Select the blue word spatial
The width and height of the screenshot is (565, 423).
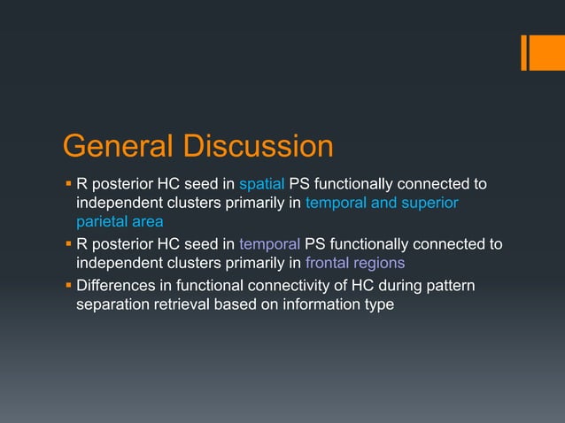coord(261,184)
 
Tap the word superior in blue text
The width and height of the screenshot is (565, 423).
coord(428,204)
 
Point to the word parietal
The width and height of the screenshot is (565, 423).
coord(101,222)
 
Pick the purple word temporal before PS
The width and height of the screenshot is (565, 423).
coord(269,243)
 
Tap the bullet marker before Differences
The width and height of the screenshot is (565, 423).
coord(67,285)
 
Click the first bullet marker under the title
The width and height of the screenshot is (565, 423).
coord(67,184)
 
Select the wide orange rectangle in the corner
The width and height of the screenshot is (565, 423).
coord(541,52)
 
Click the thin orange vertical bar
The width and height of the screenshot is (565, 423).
coord(523,52)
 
